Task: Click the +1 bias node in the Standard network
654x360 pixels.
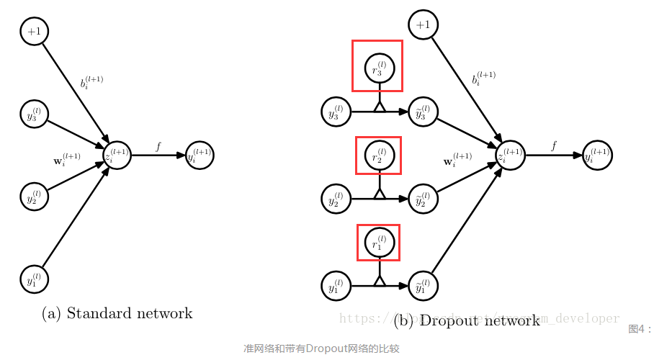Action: tap(35, 31)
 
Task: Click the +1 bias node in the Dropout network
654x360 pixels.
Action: tap(424, 25)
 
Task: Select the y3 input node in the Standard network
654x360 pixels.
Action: tap(35, 114)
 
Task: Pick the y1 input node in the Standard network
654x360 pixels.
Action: tap(35, 278)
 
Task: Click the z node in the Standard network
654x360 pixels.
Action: tap(117, 155)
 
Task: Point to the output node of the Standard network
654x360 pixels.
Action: tap(200, 155)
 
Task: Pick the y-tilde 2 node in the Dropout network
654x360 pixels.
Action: tap(424, 199)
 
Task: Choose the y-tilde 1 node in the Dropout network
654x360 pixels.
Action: tap(424, 286)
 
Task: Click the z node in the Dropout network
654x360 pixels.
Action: tap(510, 155)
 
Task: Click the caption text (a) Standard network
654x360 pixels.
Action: tap(117, 313)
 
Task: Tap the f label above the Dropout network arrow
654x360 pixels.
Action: tap(553, 146)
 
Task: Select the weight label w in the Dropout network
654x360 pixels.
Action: tap(456, 160)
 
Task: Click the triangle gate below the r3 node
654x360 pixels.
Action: tap(380, 108)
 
